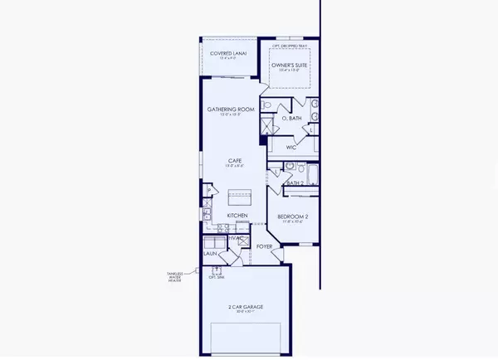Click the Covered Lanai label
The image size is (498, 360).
point(226,54)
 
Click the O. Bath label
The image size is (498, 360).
point(291,119)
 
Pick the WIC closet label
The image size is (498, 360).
point(291,147)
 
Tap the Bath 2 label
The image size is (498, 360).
point(295,182)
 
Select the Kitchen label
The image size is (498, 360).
point(238,216)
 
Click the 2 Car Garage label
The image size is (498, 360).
point(242,308)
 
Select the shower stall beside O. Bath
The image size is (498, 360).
point(267,126)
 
